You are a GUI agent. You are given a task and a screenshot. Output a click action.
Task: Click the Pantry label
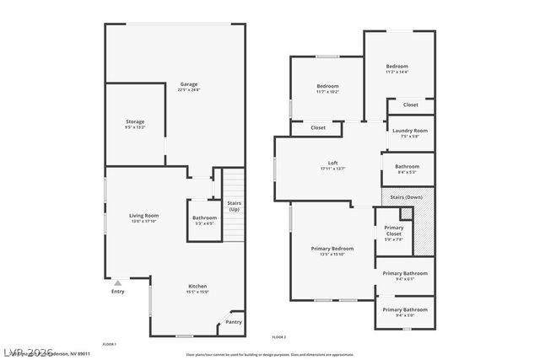coord(234,321)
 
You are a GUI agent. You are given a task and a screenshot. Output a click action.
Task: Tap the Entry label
coord(117,292)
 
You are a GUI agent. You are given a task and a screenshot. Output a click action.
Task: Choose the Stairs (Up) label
coord(234,206)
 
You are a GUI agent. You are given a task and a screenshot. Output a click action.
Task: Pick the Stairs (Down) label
coord(408,197)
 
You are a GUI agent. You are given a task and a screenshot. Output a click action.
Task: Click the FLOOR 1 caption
coord(109,344)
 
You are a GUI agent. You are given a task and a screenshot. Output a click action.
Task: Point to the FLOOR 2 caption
coord(279,337)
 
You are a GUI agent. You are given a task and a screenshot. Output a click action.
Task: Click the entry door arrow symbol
coord(118,282)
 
